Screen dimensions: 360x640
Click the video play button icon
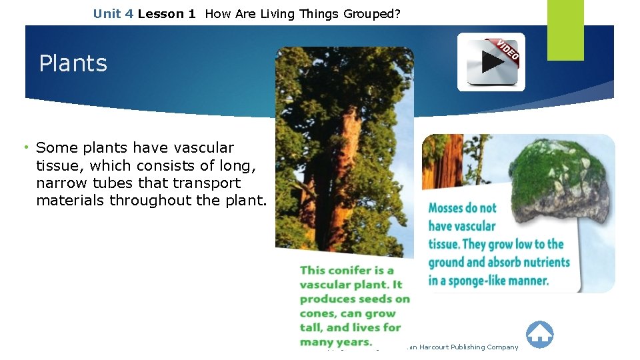tap(492, 62)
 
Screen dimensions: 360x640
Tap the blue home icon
tap(539, 334)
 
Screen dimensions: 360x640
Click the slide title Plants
tap(73, 63)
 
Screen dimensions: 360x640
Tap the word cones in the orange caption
tap(317, 313)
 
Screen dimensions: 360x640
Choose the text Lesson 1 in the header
tap(167, 13)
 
